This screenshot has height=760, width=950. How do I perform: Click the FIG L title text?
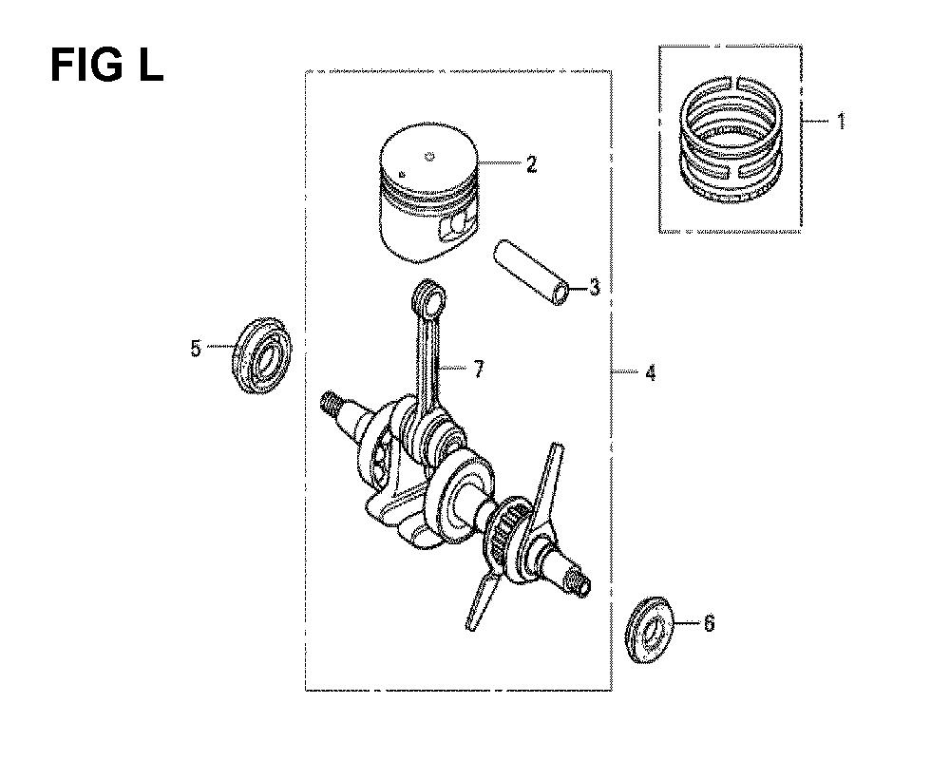tap(106, 66)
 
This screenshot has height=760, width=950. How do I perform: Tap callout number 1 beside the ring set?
tap(841, 122)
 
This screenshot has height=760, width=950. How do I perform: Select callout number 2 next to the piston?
tap(531, 163)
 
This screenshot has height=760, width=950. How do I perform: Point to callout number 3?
tap(595, 287)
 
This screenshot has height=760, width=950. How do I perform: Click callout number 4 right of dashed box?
tap(651, 372)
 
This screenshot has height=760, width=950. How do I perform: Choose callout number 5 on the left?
tap(196, 349)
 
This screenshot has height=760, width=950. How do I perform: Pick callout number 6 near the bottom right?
tap(709, 623)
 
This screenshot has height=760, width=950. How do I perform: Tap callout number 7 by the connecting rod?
tap(479, 369)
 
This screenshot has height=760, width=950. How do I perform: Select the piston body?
tap(427, 193)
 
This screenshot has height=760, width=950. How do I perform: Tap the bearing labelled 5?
tap(262, 354)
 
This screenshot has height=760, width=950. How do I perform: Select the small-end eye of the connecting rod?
tap(428, 297)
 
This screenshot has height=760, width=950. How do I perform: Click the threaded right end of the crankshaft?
tap(577, 584)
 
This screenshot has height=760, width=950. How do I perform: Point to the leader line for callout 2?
tap(500, 163)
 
